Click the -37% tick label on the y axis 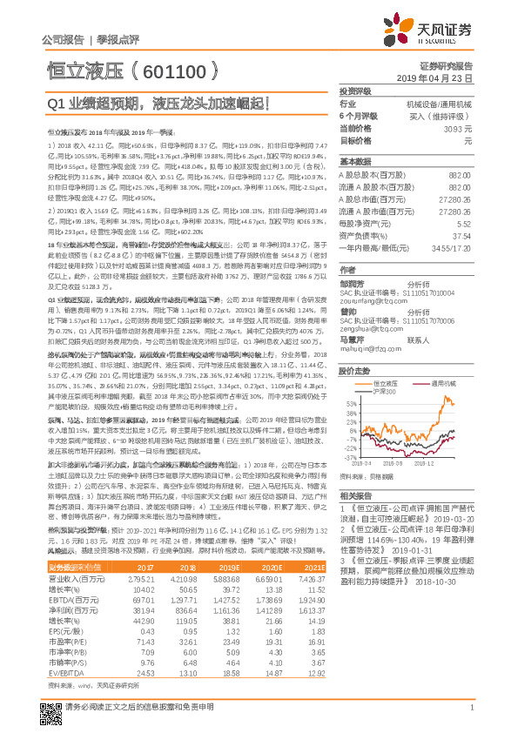[x=348, y=457]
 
